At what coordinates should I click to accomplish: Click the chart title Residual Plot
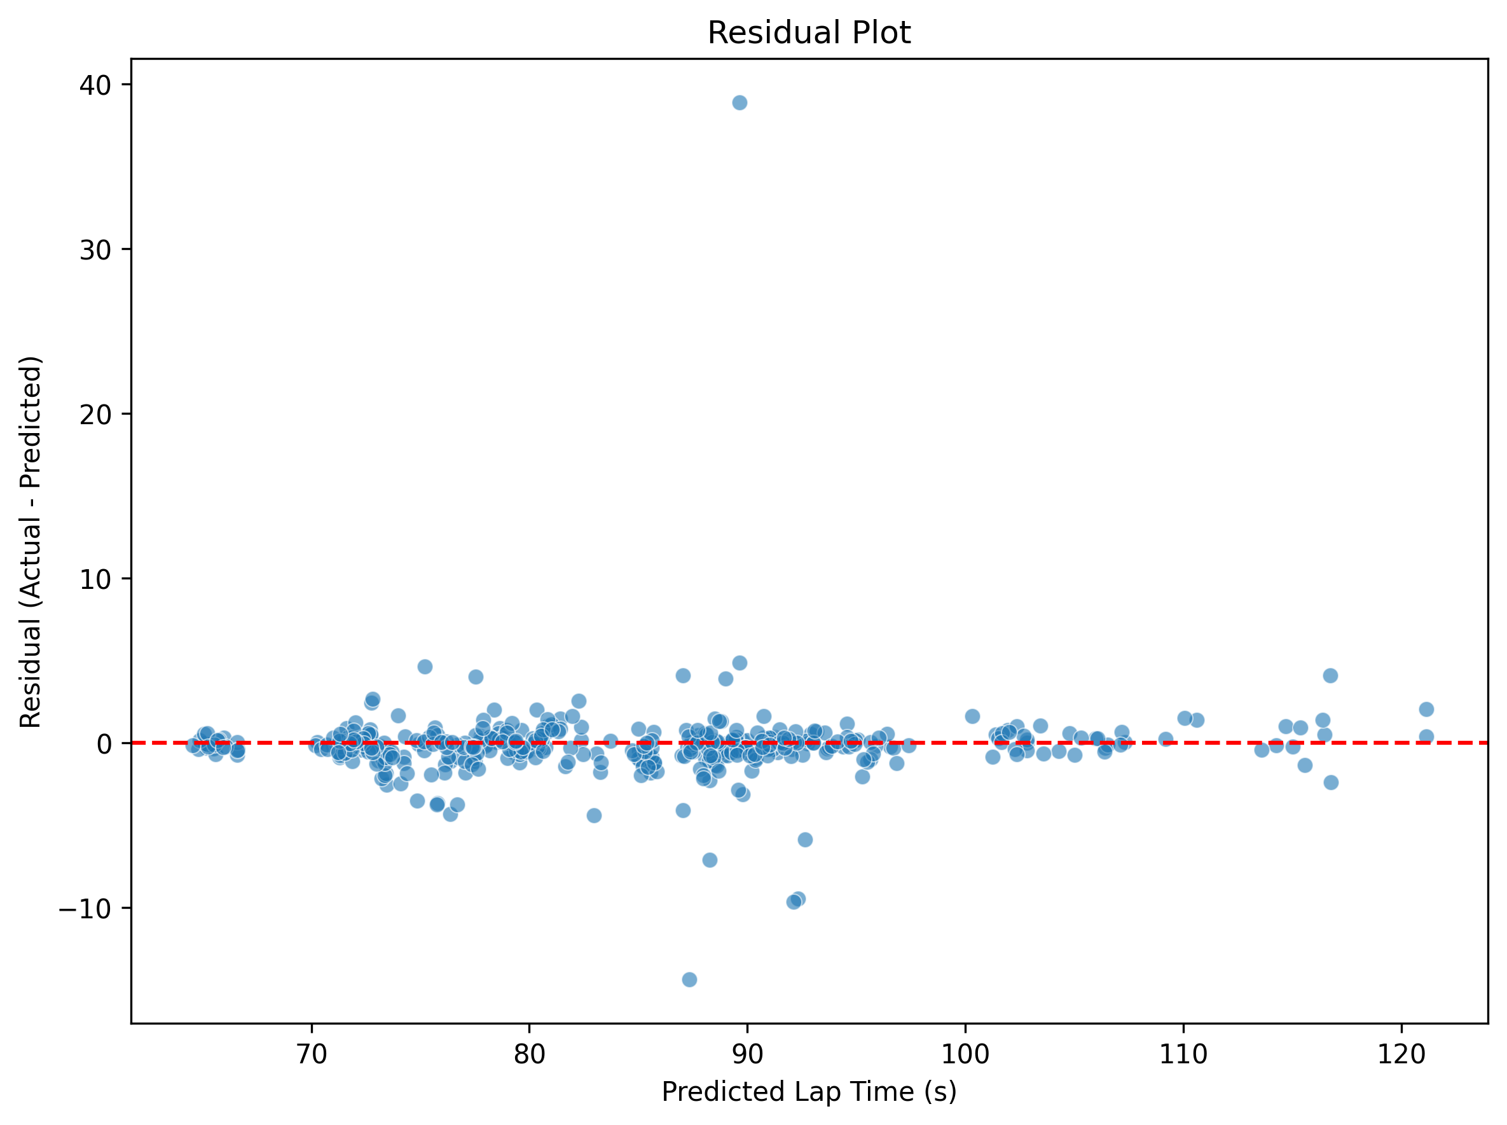[x=808, y=32]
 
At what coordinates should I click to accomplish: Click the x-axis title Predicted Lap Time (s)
[x=808, y=1092]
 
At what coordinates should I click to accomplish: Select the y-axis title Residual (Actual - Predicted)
[x=31, y=541]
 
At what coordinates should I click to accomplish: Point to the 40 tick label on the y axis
[x=95, y=85]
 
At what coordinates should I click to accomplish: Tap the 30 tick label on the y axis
[x=95, y=249]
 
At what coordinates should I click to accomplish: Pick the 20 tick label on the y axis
[x=95, y=414]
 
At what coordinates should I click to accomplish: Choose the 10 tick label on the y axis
[x=95, y=579]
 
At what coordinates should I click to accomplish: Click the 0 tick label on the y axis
[x=104, y=743]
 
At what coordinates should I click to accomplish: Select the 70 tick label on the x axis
[x=312, y=1054]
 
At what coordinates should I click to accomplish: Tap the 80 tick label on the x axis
[x=529, y=1054]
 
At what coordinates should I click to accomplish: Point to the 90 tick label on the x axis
[x=747, y=1054]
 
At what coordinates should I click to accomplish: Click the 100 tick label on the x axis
[x=965, y=1054]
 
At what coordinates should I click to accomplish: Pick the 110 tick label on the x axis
[x=1183, y=1054]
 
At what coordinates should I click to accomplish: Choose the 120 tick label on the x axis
[x=1401, y=1054]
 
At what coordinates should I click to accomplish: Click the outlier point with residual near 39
[x=740, y=103]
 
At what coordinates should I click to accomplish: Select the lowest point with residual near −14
[x=689, y=980]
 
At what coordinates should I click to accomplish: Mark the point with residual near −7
[x=710, y=860]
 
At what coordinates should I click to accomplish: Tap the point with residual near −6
[x=805, y=839]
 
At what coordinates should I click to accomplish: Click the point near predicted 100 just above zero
[x=972, y=717]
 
